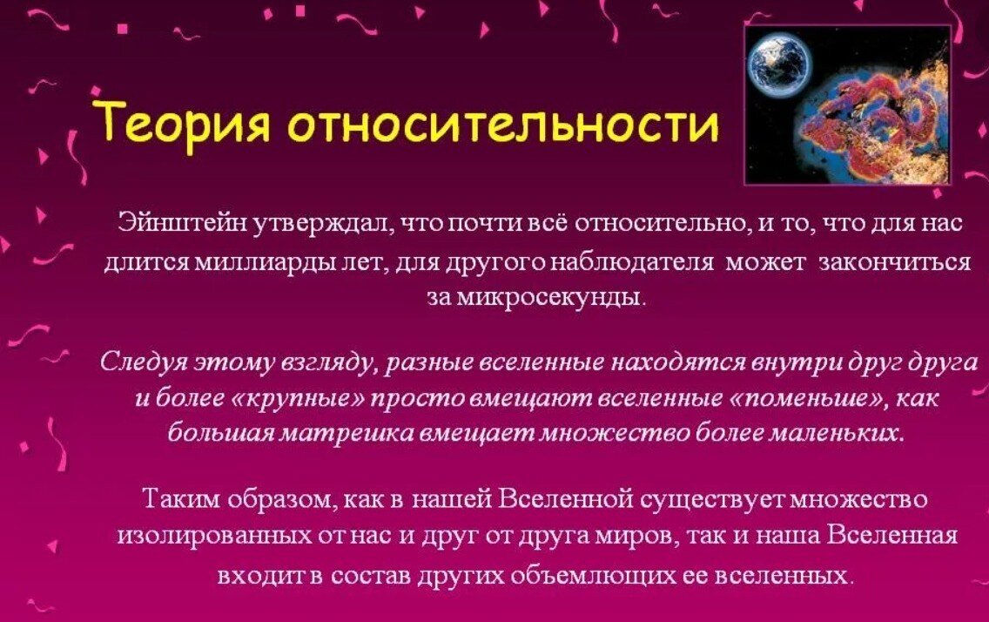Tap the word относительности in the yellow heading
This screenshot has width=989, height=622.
[x=502, y=124]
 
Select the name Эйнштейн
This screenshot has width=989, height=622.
[x=181, y=223]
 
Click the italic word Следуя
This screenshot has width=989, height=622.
[x=138, y=362]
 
